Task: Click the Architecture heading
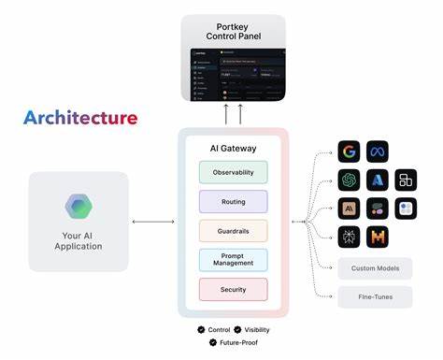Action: (x=80, y=119)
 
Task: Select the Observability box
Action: (x=233, y=172)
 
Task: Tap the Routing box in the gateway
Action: (x=233, y=201)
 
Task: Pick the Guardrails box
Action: (x=233, y=230)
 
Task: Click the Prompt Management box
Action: (x=233, y=259)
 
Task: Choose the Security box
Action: (x=233, y=289)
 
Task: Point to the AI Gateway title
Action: (x=233, y=147)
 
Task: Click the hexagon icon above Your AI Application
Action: (x=79, y=207)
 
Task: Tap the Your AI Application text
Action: (x=79, y=239)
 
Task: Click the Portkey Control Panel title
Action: (x=234, y=30)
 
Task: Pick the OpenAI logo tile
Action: (x=350, y=180)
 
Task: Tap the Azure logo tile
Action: (x=378, y=180)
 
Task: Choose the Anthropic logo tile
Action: (x=350, y=209)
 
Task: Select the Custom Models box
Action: (x=375, y=269)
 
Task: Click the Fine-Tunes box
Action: (x=375, y=298)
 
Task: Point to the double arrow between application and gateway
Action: (x=153, y=222)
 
